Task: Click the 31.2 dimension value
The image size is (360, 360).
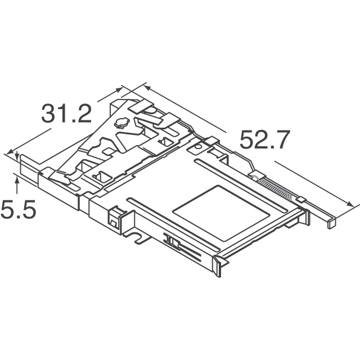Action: pos(66,114)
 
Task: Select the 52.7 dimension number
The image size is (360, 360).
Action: pos(265,139)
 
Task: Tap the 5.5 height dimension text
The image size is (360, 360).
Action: pos(19,209)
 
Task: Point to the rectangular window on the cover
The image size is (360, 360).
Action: pos(221,213)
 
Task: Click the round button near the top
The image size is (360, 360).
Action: pos(120,123)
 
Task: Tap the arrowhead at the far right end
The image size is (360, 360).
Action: pos(350,204)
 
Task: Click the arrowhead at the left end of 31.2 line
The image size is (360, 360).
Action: pos(10,152)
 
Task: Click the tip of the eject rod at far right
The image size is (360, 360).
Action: pos(332,224)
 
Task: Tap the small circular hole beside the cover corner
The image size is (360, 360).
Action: pos(197,147)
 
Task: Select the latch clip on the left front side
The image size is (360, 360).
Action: pos(114,218)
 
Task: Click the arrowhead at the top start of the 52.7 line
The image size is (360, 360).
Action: pos(147,88)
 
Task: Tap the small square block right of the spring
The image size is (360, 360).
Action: pos(301,199)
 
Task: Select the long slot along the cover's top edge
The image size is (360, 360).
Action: pos(240,184)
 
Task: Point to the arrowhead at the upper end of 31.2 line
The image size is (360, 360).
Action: pos(118,89)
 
